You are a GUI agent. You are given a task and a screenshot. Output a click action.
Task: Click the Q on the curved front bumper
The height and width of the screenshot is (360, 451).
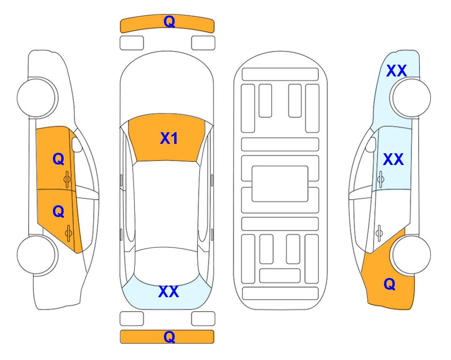click(170, 21)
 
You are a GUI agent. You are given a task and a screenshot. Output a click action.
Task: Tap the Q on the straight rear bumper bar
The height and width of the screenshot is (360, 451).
click(170, 337)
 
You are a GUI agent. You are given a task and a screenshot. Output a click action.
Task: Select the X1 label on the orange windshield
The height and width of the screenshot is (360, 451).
click(169, 138)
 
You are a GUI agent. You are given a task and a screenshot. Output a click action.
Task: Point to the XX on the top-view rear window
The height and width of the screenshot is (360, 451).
click(169, 292)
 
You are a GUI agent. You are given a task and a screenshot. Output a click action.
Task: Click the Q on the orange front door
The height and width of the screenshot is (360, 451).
click(59, 159)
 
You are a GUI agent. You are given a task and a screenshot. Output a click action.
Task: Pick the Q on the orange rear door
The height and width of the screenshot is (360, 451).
click(59, 212)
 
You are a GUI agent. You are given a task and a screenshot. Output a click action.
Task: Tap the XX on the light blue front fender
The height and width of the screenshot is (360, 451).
click(397, 71)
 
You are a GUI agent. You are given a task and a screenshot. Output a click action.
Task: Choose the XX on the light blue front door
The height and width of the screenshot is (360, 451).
click(393, 159)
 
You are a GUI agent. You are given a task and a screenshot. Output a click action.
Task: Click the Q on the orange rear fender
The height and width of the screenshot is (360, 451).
click(390, 284)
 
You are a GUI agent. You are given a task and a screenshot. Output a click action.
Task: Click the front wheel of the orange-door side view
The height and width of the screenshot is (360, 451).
click(37, 97)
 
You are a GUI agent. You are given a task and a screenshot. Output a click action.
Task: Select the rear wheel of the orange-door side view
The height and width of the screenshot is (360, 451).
click(37, 255)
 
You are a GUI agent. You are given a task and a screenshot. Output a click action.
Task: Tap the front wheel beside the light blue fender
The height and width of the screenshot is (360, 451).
click(412, 97)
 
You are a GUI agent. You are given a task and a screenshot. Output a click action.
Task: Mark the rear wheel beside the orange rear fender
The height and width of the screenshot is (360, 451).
click(412, 255)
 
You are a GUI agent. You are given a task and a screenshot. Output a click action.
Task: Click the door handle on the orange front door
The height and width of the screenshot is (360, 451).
click(67, 180)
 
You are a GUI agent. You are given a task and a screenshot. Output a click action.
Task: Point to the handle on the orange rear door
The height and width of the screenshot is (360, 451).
click(68, 233)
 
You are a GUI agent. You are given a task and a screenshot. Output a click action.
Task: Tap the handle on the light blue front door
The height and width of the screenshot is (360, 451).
click(381, 179)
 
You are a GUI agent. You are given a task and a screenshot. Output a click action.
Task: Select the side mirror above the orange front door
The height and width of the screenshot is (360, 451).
click(77, 144)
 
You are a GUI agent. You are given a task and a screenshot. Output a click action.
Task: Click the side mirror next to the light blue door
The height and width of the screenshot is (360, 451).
click(371, 144)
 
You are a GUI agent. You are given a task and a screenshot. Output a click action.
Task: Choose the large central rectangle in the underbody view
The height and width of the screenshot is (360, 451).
click(280, 184)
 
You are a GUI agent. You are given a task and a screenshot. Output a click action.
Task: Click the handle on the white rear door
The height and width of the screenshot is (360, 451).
click(379, 233)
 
